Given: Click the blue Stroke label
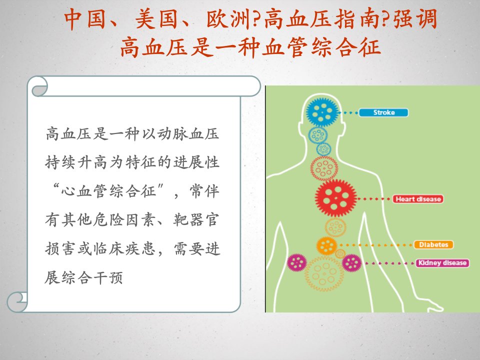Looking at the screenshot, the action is click(x=383, y=112).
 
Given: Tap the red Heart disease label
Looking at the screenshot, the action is click(x=418, y=199).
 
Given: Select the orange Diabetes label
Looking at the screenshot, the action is click(x=433, y=244).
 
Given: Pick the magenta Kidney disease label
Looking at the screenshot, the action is click(x=442, y=263).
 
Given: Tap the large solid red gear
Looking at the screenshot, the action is click(x=336, y=198).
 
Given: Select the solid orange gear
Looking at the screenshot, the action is click(x=326, y=246).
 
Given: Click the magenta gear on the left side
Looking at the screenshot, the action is click(x=296, y=262).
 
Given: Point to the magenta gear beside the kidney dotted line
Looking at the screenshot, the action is click(x=351, y=262).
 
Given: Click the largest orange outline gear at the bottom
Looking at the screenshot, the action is click(x=323, y=273).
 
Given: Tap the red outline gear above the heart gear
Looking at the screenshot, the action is click(x=324, y=168).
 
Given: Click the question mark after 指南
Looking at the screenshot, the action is click(x=386, y=19).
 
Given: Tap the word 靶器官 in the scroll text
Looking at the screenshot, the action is click(x=196, y=219).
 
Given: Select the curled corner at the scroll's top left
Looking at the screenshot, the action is click(x=38, y=86).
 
